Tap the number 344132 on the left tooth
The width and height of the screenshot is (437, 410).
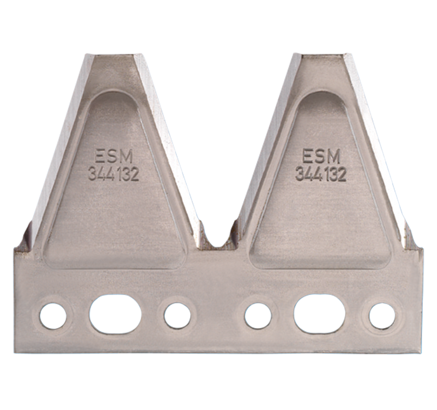[114, 174]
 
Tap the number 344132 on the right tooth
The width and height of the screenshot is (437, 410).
[321, 174]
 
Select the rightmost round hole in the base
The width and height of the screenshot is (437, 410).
[382, 316]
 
